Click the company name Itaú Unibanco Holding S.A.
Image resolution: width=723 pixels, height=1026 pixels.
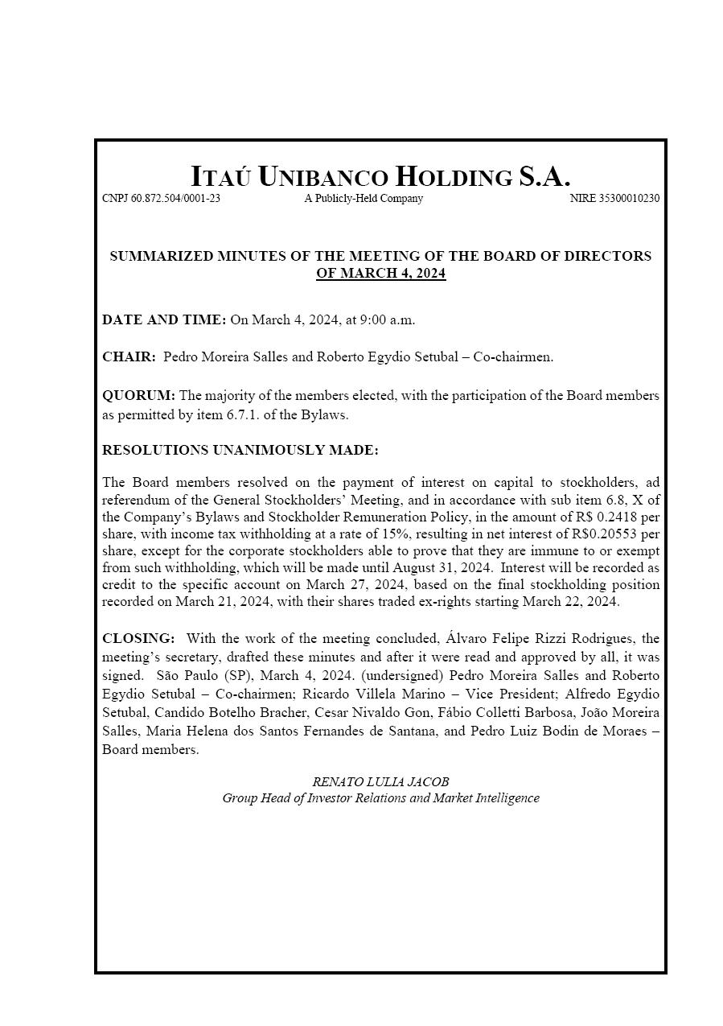pos(380,176)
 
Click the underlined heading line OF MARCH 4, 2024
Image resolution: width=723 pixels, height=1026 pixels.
pos(380,274)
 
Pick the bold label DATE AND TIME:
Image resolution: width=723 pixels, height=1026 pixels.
pos(164,319)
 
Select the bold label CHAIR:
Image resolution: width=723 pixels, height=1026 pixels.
pos(129,357)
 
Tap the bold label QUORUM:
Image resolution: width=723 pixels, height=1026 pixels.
pos(138,396)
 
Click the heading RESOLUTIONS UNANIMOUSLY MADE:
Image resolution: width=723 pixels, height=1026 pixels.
pos(240,450)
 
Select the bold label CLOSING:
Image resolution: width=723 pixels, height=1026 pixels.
pos(138,638)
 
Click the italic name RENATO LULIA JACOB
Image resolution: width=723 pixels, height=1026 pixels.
pos(380,781)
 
